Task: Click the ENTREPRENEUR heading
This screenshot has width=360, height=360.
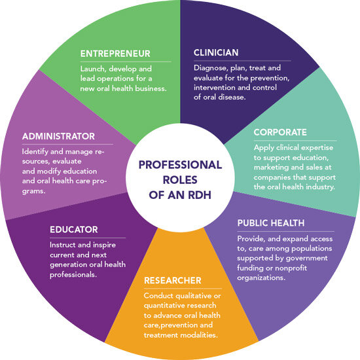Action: point(115,54)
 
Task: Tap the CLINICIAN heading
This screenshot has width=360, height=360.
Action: point(216,52)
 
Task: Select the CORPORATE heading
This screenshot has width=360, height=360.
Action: point(280,132)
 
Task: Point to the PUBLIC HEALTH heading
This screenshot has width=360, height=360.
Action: point(271,223)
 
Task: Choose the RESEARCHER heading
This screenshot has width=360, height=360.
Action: point(173,280)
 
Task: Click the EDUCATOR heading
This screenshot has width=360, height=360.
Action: point(74,230)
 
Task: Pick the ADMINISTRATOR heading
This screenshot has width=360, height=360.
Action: point(58,136)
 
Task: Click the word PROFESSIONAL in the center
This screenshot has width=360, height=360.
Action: point(180,165)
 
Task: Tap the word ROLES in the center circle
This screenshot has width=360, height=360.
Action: point(180,180)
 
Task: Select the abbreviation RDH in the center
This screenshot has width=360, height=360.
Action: point(200,195)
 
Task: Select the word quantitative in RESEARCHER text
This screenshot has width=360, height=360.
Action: point(159,306)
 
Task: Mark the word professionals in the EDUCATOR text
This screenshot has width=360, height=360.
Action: point(73,275)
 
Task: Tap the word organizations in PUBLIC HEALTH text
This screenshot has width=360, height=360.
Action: point(261,278)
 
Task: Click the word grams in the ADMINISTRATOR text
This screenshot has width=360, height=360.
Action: point(34,191)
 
